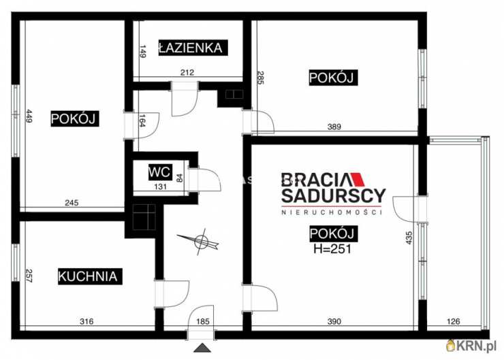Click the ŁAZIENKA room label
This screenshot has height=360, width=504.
click(190, 48)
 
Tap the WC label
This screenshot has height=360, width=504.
click(161, 172)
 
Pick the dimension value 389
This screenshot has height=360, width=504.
click(334, 127)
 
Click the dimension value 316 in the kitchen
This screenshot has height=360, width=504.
click(86, 321)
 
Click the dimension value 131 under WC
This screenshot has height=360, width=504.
click(160, 189)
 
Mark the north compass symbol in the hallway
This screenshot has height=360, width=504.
click(200, 241)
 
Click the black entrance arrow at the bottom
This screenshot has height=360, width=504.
click(202, 348)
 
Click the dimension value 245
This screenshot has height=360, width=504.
click(72, 201)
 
